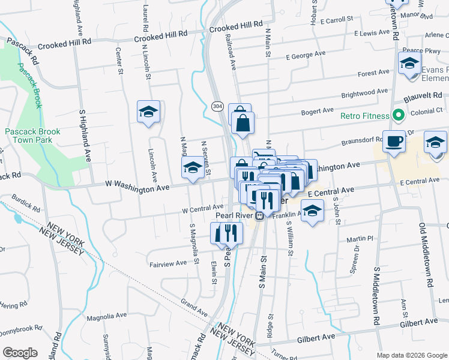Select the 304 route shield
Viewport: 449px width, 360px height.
click(217, 106)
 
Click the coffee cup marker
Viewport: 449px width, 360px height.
click(394, 141)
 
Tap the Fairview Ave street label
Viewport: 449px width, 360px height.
click(168, 263)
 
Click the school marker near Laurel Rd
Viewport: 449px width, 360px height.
click(148, 112)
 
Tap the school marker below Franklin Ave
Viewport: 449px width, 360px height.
click(311, 211)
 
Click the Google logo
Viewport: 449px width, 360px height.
click(20, 353)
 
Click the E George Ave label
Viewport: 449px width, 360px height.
click(306, 55)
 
